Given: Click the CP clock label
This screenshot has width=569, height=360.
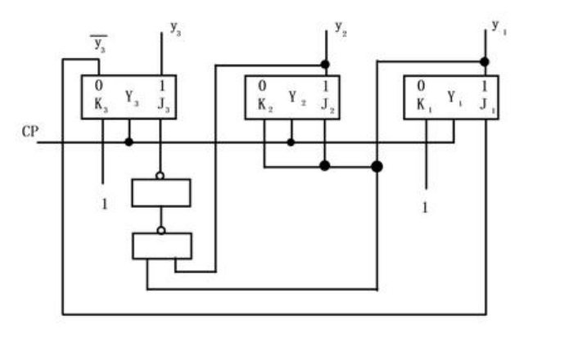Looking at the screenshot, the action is pyautogui.click(x=29, y=131).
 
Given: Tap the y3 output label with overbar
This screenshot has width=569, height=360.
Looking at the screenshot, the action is pyautogui.click(x=99, y=44).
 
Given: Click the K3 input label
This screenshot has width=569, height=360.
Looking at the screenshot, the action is pyautogui.click(x=101, y=105).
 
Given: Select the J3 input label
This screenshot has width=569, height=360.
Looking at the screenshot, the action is pyautogui.click(x=164, y=105).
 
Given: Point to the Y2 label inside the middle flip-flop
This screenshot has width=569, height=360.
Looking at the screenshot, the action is pyautogui.click(x=297, y=98).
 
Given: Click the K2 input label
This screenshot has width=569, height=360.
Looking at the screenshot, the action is pyautogui.click(x=265, y=105).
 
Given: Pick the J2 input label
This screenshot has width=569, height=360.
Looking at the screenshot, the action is pyautogui.click(x=327, y=105).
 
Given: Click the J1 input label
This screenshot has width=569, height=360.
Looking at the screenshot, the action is pyautogui.click(x=487, y=105).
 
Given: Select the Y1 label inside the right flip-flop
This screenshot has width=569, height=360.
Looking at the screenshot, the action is pyautogui.click(x=454, y=98).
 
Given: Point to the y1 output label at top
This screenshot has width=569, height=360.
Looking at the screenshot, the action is pyautogui.click(x=499, y=28).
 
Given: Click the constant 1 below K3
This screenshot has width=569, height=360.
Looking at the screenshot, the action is pyautogui.click(x=105, y=205).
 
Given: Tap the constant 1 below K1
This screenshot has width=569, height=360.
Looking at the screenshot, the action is pyautogui.click(x=425, y=208).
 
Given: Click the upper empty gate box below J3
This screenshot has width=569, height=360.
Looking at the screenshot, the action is pyautogui.click(x=161, y=193).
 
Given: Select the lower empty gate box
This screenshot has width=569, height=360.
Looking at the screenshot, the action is pyautogui.click(x=162, y=246).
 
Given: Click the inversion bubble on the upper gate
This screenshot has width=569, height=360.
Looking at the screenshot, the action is pyautogui.click(x=160, y=176).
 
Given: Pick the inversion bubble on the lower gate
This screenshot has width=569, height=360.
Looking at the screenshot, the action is pyautogui.click(x=161, y=230).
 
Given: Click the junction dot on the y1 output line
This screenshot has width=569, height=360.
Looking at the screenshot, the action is pyautogui.click(x=485, y=62).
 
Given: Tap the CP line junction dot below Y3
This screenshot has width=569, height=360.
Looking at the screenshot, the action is pyautogui.click(x=129, y=142).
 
